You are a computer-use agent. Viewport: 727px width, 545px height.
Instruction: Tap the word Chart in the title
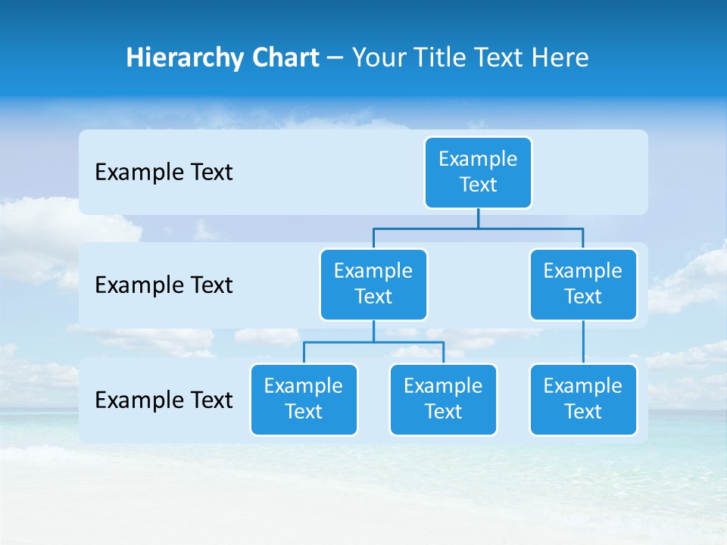282,58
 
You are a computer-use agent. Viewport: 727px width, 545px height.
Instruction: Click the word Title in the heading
442,58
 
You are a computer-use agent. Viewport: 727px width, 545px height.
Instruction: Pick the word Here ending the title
560,58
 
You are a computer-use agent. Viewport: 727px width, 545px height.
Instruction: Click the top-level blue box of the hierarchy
478,173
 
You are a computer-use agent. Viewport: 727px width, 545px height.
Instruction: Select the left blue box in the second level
373,285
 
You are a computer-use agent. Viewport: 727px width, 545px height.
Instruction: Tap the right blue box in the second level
583,285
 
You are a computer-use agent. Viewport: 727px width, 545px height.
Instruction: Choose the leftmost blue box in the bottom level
304,399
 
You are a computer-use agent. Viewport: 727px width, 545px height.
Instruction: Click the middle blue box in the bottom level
443,399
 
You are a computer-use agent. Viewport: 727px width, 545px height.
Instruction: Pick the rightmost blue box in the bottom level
583,399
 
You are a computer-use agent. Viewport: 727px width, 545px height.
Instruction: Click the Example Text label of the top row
164,173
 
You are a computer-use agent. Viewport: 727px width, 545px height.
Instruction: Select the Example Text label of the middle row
164,285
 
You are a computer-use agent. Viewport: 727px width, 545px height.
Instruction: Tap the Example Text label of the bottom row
164,400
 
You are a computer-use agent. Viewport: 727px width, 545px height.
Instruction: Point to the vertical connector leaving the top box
478,218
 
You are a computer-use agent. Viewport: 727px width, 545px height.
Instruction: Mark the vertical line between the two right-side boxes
583,342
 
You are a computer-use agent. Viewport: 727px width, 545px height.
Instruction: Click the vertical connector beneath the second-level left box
373,331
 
